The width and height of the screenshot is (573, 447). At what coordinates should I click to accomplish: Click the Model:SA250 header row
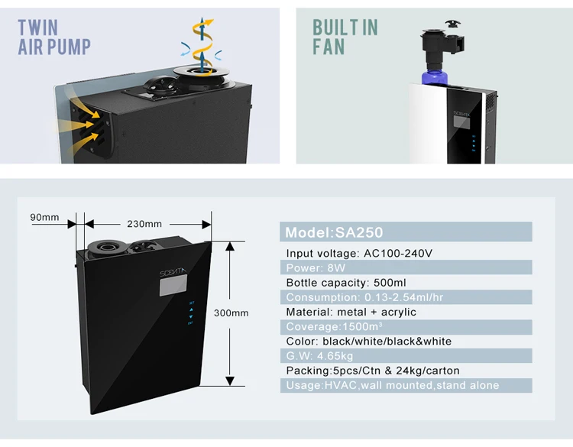click(406, 232)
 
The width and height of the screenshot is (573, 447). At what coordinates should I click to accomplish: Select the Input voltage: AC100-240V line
click(359, 253)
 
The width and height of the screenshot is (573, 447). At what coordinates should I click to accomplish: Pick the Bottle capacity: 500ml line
click(346, 283)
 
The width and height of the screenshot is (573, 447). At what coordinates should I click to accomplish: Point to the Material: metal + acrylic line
click(351, 312)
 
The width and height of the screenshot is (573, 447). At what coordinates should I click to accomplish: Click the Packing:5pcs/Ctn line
click(373, 371)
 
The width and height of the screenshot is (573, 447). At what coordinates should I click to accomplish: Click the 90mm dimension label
click(44, 217)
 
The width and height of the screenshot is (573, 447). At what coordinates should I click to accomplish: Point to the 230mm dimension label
click(144, 224)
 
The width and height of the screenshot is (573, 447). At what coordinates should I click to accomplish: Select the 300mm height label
click(231, 313)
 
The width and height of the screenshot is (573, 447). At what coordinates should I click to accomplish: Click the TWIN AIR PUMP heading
click(54, 37)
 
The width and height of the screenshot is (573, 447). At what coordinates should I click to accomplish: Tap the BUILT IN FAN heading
click(345, 37)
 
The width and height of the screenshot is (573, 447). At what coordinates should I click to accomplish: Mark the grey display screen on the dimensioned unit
click(173, 285)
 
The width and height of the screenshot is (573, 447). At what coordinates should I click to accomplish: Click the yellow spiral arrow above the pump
click(202, 42)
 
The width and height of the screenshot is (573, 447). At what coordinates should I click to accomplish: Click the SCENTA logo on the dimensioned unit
click(173, 272)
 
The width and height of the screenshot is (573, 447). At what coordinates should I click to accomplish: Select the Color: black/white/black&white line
click(369, 341)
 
